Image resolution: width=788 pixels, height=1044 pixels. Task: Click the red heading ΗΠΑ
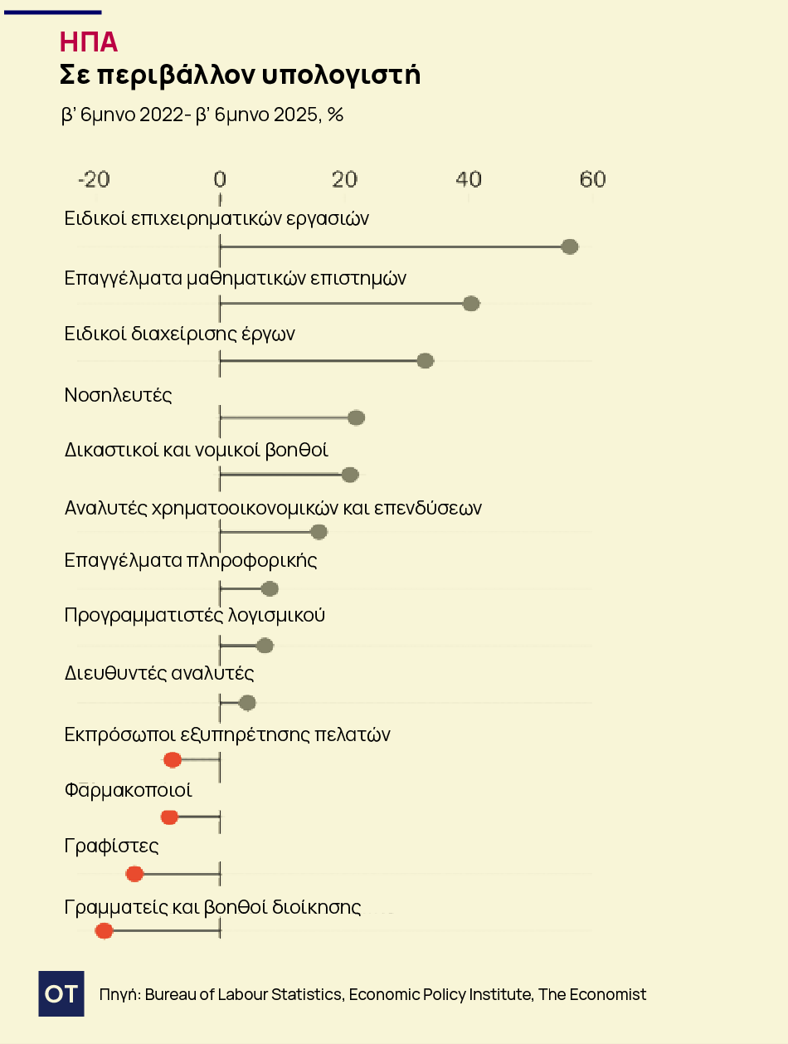[x=89, y=42]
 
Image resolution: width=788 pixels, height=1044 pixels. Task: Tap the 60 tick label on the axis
[x=592, y=179]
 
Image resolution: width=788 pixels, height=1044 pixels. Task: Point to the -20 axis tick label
[x=93, y=179]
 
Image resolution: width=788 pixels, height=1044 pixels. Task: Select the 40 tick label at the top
[x=469, y=179]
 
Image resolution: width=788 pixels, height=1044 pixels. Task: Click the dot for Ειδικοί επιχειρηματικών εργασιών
[x=569, y=246]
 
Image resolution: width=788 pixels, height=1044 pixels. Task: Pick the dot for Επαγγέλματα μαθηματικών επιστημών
[x=471, y=304]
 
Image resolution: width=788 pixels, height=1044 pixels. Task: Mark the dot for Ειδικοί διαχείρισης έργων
[x=426, y=360]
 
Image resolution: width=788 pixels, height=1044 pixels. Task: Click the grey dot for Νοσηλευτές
[x=356, y=417]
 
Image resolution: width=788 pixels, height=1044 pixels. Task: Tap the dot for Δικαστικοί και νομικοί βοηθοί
[x=350, y=475]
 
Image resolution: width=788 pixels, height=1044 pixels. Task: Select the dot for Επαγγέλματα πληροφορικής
[x=270, y=589]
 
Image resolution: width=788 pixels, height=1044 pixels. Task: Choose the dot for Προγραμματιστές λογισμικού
[x=265, y=646]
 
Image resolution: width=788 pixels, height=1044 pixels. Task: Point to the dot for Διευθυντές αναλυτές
[x=247, y=703]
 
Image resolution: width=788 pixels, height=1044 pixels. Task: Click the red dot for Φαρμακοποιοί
[x=169, y=817]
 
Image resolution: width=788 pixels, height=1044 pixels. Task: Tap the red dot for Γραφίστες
[x=134, y=874]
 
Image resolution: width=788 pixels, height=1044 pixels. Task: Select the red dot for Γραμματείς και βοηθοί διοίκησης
[x=104, y=931]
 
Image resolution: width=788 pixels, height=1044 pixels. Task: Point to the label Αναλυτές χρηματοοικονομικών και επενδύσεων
[x=273, y=507]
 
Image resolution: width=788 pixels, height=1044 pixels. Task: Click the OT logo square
[x=61, y=993]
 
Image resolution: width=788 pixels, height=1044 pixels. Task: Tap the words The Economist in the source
[x=592, y=994]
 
